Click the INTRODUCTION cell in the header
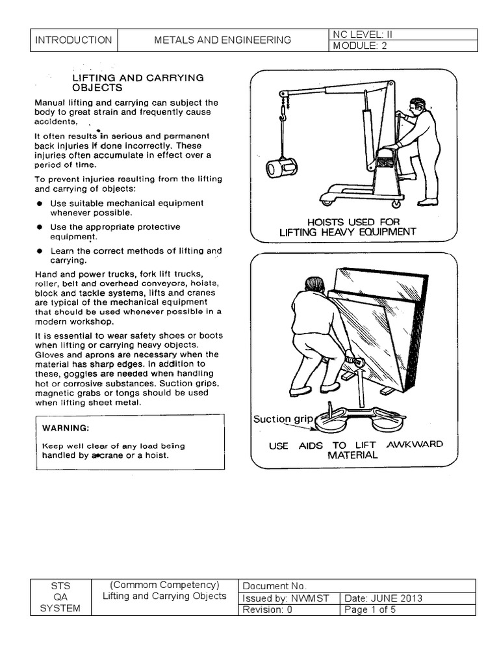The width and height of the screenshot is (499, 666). click(x=73, y=40)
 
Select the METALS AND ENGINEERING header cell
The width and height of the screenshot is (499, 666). click(x=222, y=40)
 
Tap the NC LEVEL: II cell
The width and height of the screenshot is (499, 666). click(x=403, y=34)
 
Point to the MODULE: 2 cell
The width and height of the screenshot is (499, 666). click(x=403, y=46)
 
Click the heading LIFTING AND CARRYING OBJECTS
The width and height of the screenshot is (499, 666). click(x=138, y=82)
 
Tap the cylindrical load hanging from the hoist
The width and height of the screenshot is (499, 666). click(x=282, y=169)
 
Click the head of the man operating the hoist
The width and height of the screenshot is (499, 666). click(x=417, y=106)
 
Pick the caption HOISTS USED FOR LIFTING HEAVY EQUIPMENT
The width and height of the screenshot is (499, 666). click(x=347, y=227)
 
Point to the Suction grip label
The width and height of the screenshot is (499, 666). click(x=283, y=420)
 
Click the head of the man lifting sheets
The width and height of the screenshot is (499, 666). click(x=314, y=284)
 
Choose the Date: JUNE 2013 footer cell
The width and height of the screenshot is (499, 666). click(x=407, y=598)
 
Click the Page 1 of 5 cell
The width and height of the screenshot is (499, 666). click(x=407, y=609)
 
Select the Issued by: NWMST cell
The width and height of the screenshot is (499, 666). click(x=289, y=598)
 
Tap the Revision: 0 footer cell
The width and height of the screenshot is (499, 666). click(x=289, y=609)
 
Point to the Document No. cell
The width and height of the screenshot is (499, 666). click(x=357, y=585)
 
